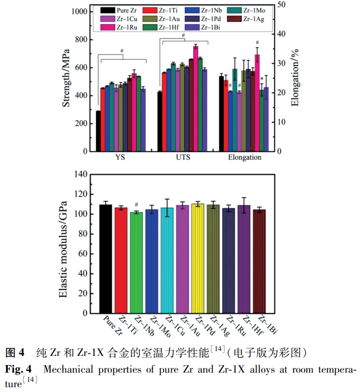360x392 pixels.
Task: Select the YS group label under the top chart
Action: point(121,158)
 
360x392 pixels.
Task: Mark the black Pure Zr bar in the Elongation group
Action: point(221,114)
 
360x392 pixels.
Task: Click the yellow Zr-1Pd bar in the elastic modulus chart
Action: point(198,258)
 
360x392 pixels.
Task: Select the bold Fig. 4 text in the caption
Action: point(18,369)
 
